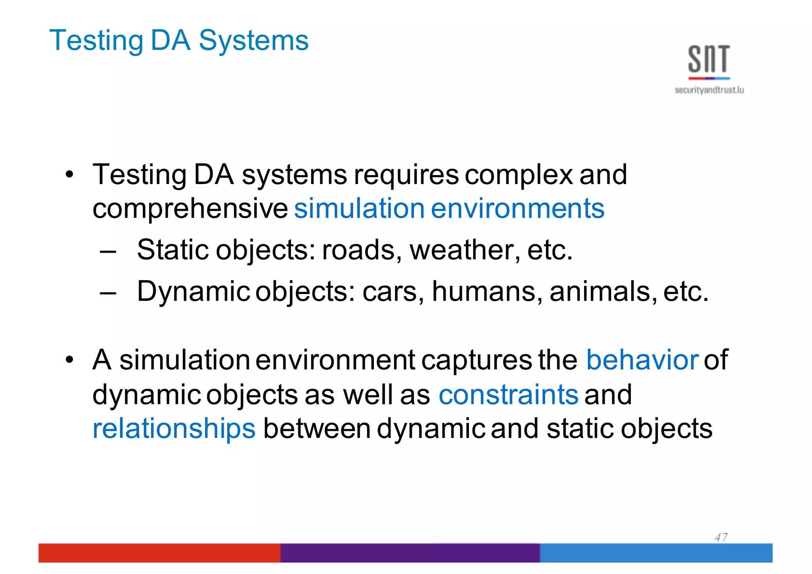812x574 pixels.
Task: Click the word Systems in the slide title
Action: tap(253, 41)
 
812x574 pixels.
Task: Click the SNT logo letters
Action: tap(709, 59)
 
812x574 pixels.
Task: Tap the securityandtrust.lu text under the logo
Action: tap(709, 90)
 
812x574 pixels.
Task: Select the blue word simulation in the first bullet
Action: tap(359, 208)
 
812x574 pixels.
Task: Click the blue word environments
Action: tap(517, 208)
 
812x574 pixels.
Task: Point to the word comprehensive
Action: tap(190, 209)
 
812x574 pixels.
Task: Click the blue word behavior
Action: tap(642, 360)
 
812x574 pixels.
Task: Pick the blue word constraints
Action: tap(508, 395)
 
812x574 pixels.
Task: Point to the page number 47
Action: tap(721, 538)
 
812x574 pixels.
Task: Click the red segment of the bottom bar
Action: tap(159, 553)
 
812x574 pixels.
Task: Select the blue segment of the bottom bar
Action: tap(656, 553)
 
